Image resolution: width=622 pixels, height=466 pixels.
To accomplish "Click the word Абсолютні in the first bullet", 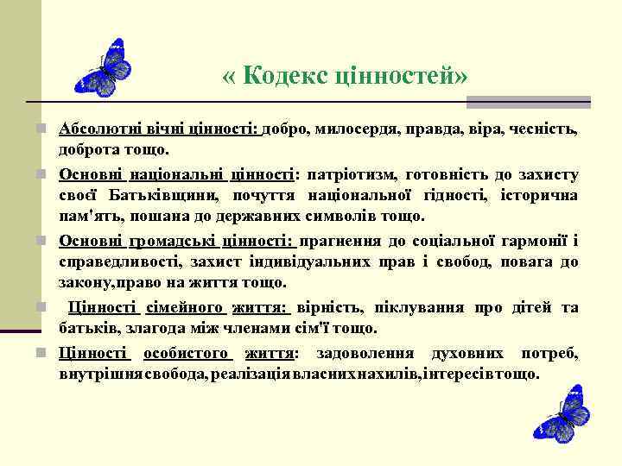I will (x=96, y=129).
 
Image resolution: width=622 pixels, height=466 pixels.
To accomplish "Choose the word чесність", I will (x=545, y=129).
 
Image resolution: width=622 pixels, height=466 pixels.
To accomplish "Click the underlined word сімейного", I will (x=184, y=308).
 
